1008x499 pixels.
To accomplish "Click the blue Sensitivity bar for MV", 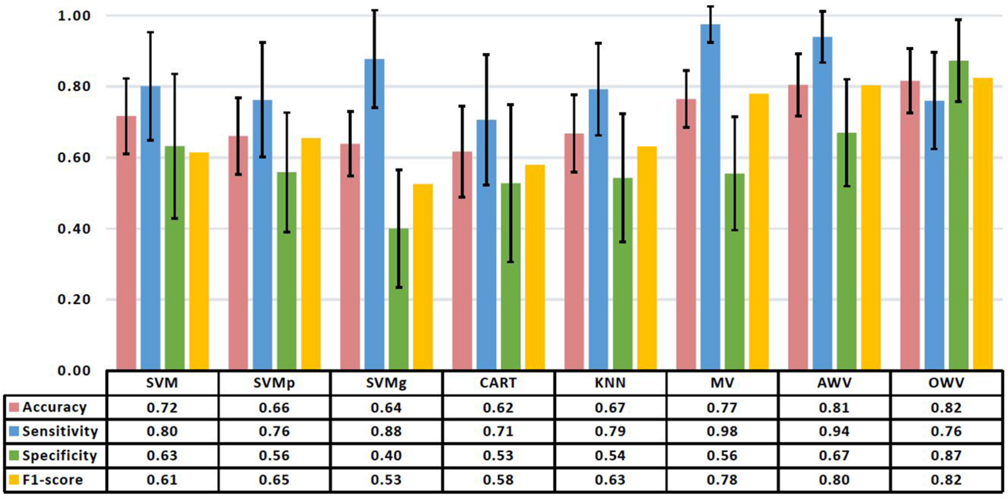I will pyautogui.click(x=710, y=202).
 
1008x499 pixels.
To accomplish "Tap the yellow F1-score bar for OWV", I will pyautogui.click(x=983, y=226).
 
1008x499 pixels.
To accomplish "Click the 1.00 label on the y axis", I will pyautogui.click(x=74, y=16).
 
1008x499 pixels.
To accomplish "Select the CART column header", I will pyautogui.click(x=498, y=382).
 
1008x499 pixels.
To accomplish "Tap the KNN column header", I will pyautogui.click(x=610, y=382).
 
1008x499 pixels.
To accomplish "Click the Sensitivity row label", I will pyautogui.click(x=60, y=431).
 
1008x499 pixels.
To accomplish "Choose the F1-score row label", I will pyautogui.click(x=52, y=480).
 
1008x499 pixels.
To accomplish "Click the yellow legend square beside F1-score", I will pyautogui.click(x=14, y=480).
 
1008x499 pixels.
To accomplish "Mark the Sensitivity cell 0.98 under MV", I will pyautogui.click(x=722, y=431).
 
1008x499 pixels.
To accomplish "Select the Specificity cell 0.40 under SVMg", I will pyautogui.click(x=386, y=455).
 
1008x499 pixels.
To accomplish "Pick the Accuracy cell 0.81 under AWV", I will pyautogui.click(x=834, y=407).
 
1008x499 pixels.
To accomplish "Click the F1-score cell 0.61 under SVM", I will pyautogui.click(x=162, y=480).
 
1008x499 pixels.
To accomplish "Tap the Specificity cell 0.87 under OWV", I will pyautogui.click(x=946, y=455).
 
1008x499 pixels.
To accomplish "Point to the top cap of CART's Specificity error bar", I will pyautogui.click(x=510, y=104).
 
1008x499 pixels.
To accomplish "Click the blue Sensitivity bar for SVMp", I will pyautogui.click(x=262, y=242).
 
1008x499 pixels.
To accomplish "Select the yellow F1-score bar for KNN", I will pyautogui.click(x=647, y=262).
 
